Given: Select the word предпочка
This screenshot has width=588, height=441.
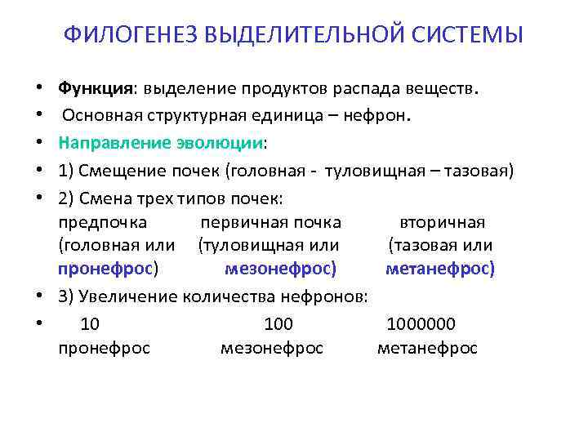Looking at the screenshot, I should pos(103,222).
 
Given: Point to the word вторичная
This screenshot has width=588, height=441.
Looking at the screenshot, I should pos(442,222).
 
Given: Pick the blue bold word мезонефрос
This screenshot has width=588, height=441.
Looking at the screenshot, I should pos(278,268).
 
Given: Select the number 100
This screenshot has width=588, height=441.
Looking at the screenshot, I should pos(278,323).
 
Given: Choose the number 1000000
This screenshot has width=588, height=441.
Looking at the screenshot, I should pos(421,323).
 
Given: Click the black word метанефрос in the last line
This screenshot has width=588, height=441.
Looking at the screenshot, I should pos(427,348).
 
